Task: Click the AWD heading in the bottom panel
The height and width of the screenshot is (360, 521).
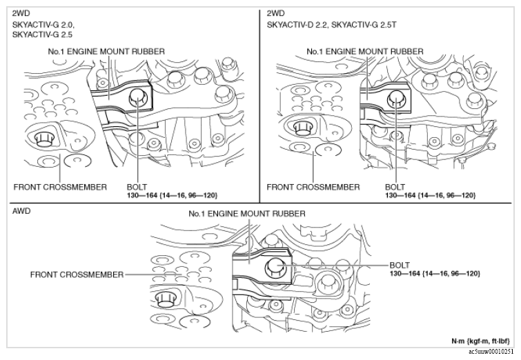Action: [21, 211]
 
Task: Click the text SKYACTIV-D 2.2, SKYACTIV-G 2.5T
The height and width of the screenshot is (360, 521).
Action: [331, 25]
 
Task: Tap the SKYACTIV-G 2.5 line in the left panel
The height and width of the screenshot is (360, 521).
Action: [42, 34]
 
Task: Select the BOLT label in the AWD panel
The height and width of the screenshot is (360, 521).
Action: [400, 266]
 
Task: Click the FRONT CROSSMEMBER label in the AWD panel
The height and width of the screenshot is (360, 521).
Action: [77, 274]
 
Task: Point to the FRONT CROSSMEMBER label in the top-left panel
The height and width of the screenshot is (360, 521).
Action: [60, 187]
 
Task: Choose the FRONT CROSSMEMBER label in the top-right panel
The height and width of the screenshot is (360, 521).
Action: [313, 187]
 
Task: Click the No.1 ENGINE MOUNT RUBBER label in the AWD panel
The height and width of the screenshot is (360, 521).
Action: [247, 214]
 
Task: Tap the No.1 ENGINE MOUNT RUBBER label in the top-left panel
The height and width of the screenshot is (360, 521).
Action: [106, 52]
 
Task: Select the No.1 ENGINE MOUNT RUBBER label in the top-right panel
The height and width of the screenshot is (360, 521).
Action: [365, 52]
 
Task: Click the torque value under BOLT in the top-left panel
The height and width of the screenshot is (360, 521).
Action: [172, 195]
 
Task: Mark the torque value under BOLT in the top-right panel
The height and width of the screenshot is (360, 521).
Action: [431, 195]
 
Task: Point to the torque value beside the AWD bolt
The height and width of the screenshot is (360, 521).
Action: [435, 273]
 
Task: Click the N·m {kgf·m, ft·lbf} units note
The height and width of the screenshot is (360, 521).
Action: [480, 341]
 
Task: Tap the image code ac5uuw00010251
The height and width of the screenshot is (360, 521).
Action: [493, 351]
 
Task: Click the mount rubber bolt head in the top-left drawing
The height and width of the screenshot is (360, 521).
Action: [137, 98]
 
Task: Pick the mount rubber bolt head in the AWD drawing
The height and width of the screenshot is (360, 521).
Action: [274, 266]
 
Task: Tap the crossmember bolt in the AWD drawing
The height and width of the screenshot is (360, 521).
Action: [165, 299]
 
